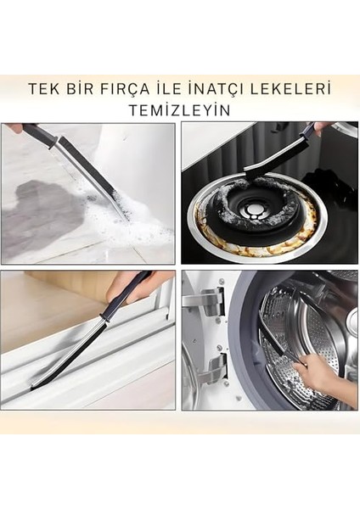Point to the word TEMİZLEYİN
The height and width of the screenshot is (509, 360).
click(179, 109)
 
